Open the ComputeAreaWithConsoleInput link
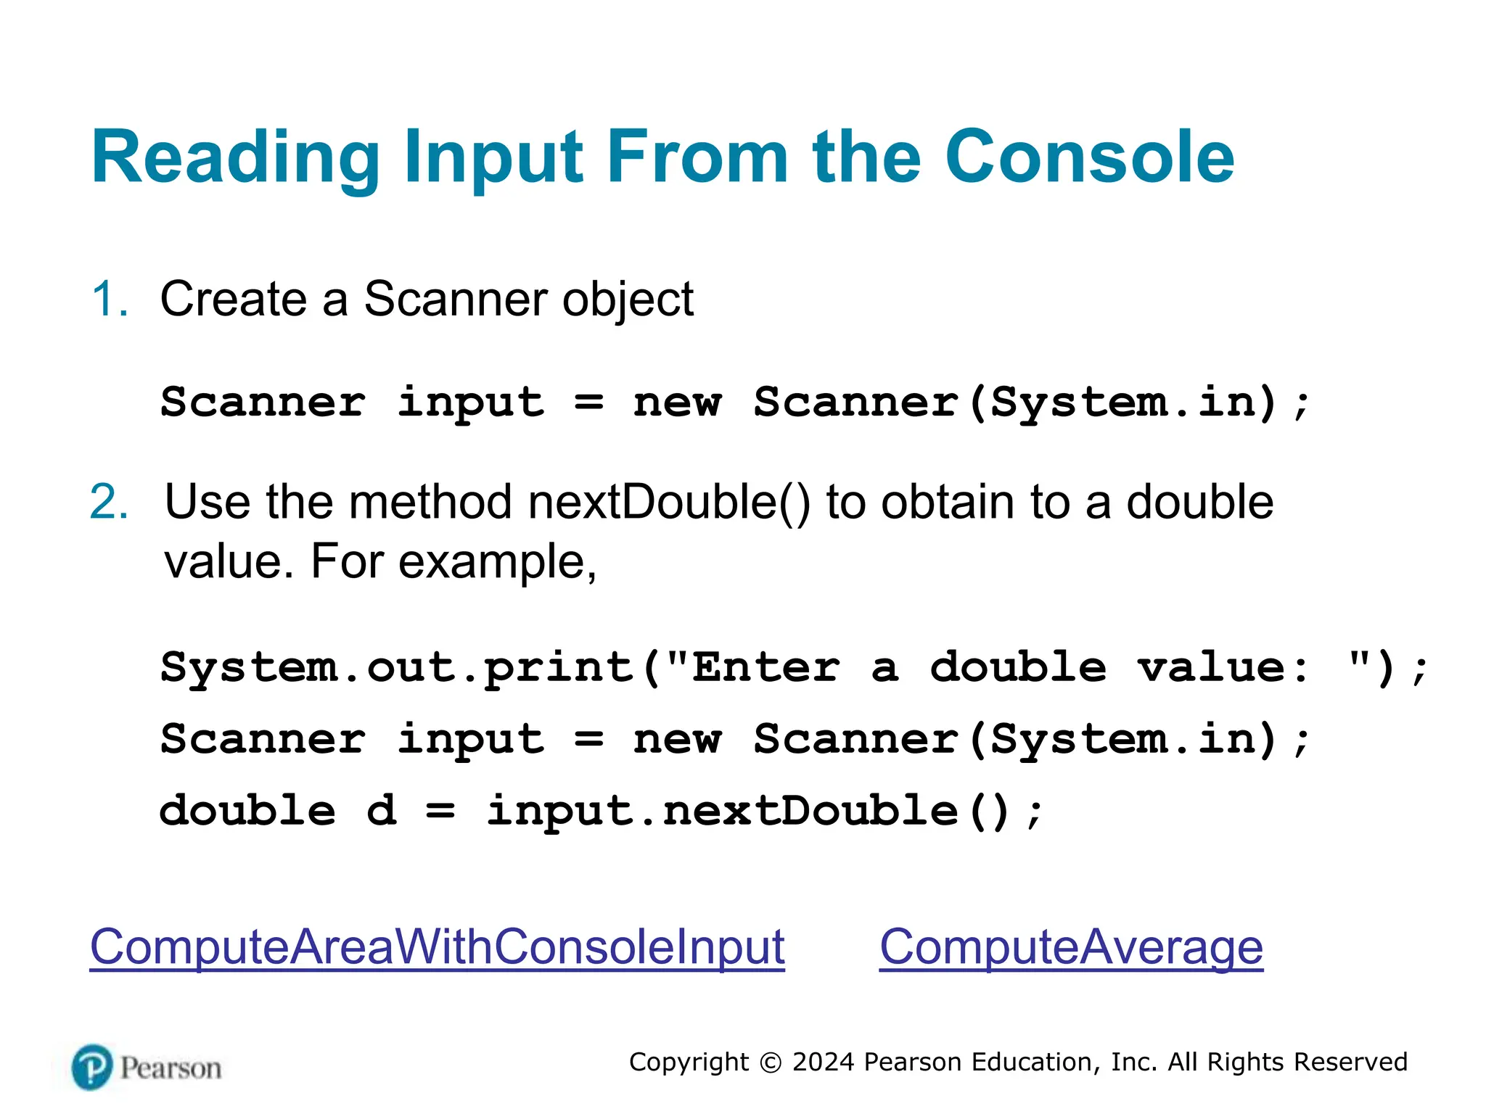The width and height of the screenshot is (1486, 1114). [437, 946]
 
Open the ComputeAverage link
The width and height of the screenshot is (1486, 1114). [1071, 946]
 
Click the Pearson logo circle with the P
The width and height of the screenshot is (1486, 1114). [92, 1067]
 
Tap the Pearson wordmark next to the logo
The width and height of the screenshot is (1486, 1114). [171, 1068]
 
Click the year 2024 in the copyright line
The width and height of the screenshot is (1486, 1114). [823, 1062]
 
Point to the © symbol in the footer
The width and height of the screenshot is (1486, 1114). [770, 1063]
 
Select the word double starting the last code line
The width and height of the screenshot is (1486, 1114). [247, 810]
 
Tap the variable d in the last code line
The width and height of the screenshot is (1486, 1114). [382, 810]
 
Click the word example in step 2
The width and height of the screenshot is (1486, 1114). [497, 561]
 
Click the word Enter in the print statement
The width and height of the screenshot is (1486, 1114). [765, 667]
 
